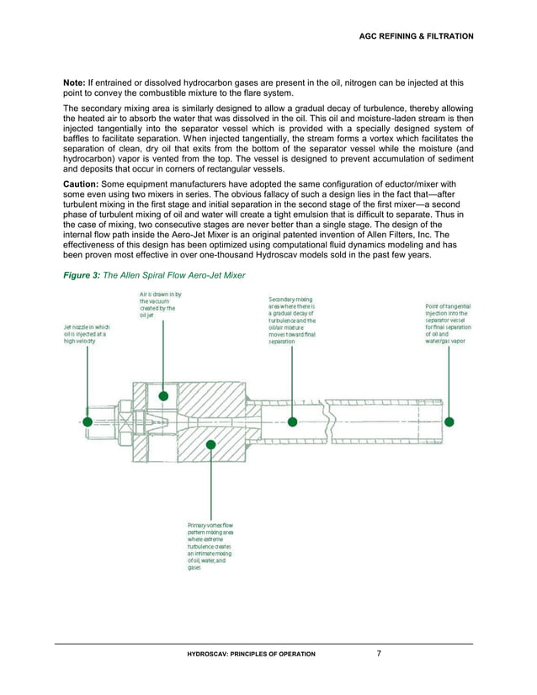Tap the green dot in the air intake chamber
[163, 395]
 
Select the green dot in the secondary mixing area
[292, 421]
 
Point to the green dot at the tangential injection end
[449, 421]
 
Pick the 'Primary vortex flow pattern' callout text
[210, 546]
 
